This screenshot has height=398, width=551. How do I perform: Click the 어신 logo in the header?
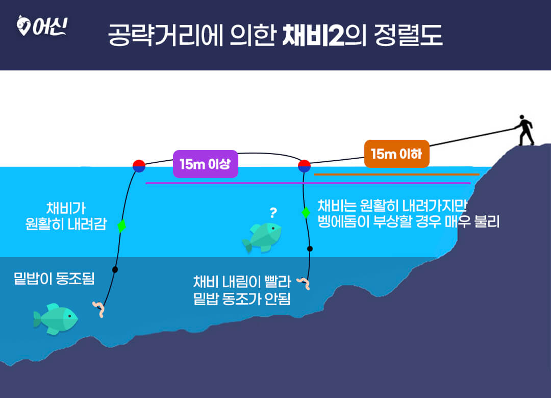[x=42, y=26]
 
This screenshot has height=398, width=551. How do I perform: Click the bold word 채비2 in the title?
[x=313, y=35]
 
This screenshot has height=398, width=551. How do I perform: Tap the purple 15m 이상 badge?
[x=206, y=164]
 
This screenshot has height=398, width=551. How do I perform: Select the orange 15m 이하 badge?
[x=397, y=154]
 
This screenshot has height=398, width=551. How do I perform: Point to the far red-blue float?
[x=139, y=166]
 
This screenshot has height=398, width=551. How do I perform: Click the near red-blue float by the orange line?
[x=304, y=166]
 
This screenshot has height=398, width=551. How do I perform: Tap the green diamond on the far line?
[x=121, y=226]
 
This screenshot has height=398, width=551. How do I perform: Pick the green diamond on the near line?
[x=306, y=212]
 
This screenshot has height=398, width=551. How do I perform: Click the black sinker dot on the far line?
[x=115, y=269]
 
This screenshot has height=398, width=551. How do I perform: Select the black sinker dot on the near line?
[x=310, y=248]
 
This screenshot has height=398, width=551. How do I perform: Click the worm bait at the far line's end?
[x=99, y=309]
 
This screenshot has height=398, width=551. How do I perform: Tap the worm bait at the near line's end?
[x=303, y=283]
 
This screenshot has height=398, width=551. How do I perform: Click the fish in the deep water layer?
[x=56, y=319]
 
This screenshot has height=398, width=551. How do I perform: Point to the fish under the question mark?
[x=262, y=238]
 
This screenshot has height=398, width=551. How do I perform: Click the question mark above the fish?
[x=273, y=213]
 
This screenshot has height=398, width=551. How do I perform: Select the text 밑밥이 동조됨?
[x=54, y=279]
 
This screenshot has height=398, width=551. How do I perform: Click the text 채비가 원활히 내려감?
[x=66, y=216]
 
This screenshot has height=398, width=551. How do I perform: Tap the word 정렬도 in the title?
[x=408, y=35]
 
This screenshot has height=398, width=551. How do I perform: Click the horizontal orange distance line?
[x=397, y=175]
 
